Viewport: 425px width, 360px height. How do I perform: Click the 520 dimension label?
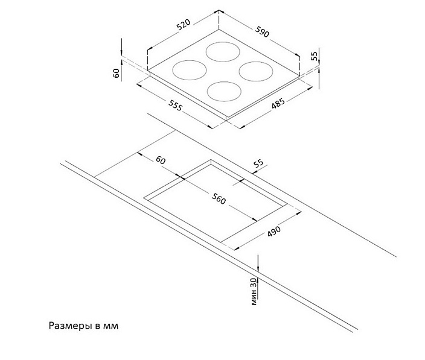pos(184,24)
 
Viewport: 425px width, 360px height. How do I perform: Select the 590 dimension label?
pos(262,32)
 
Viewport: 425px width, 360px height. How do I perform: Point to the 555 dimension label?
pos(175,105)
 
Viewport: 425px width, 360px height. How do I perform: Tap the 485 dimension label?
pos(278,103)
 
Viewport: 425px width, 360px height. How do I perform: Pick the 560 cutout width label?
pos(219,199)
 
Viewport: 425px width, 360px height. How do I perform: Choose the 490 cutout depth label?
pos(274,232)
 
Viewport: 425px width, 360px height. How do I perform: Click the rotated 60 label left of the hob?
pos(116,73)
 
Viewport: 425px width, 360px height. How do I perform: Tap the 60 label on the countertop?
pos(161,160)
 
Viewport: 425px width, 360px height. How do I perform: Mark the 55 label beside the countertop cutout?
pos(258,163)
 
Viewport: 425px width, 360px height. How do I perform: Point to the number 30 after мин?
pos(254,283)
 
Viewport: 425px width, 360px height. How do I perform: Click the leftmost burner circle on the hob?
pos(190,70)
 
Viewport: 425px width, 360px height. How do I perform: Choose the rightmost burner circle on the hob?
pos(255,71)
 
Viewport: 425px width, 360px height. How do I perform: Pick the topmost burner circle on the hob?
pos(223,52)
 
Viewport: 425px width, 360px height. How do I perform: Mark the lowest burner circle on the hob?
pos(224,92)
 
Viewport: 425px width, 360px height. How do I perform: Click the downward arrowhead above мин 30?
pos(258,267)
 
